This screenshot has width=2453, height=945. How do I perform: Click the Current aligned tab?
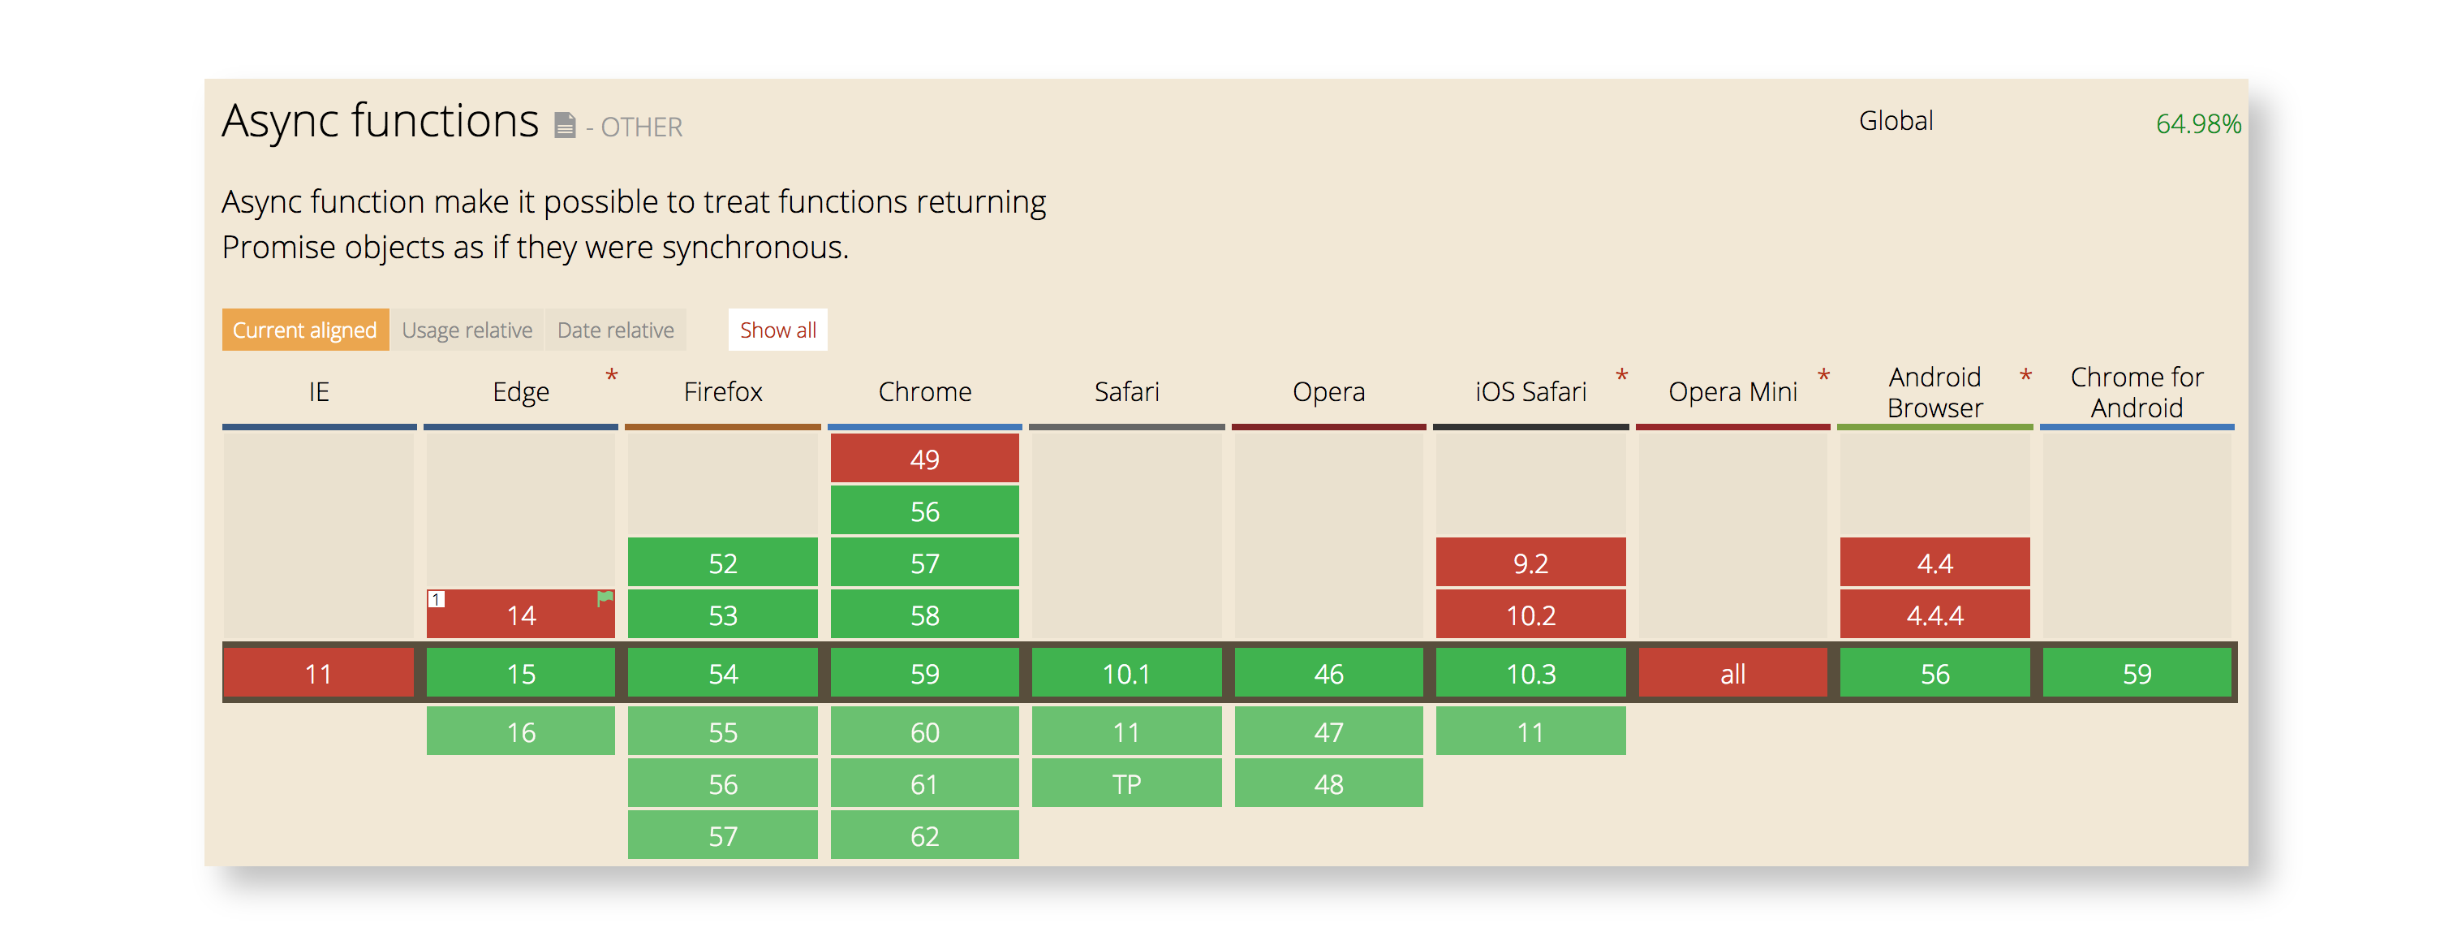tap(305, 330)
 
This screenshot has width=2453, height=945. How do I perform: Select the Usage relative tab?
tap(467, 330)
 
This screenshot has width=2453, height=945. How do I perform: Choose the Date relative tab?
tap(615, 330)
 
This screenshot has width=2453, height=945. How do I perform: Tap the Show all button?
tap(777, 330)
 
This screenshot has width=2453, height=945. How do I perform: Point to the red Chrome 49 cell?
tap(923, 460)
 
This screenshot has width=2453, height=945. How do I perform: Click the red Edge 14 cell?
tap(520, 615)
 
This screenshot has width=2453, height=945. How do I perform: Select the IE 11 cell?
tap(318, 674)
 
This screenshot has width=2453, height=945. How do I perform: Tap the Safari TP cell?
tap(1125, 784)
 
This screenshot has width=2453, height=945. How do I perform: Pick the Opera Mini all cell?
tap(1732, 674)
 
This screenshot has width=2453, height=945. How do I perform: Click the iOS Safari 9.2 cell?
tap(1530, 563)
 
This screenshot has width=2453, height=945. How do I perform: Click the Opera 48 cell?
tap(1328, 784)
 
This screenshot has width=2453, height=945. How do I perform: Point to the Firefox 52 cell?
tap(722, 563)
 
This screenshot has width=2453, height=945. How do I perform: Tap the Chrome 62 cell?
tap(923, 835)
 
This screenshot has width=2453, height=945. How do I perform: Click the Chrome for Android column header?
tap(2136, 391)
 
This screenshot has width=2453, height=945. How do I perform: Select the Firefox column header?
tap(722, 391)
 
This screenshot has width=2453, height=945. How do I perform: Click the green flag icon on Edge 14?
tap(605, 598)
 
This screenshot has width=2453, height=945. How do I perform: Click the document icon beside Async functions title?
tap(565, 125)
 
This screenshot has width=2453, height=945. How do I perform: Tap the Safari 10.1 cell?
tap(1125, 674)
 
